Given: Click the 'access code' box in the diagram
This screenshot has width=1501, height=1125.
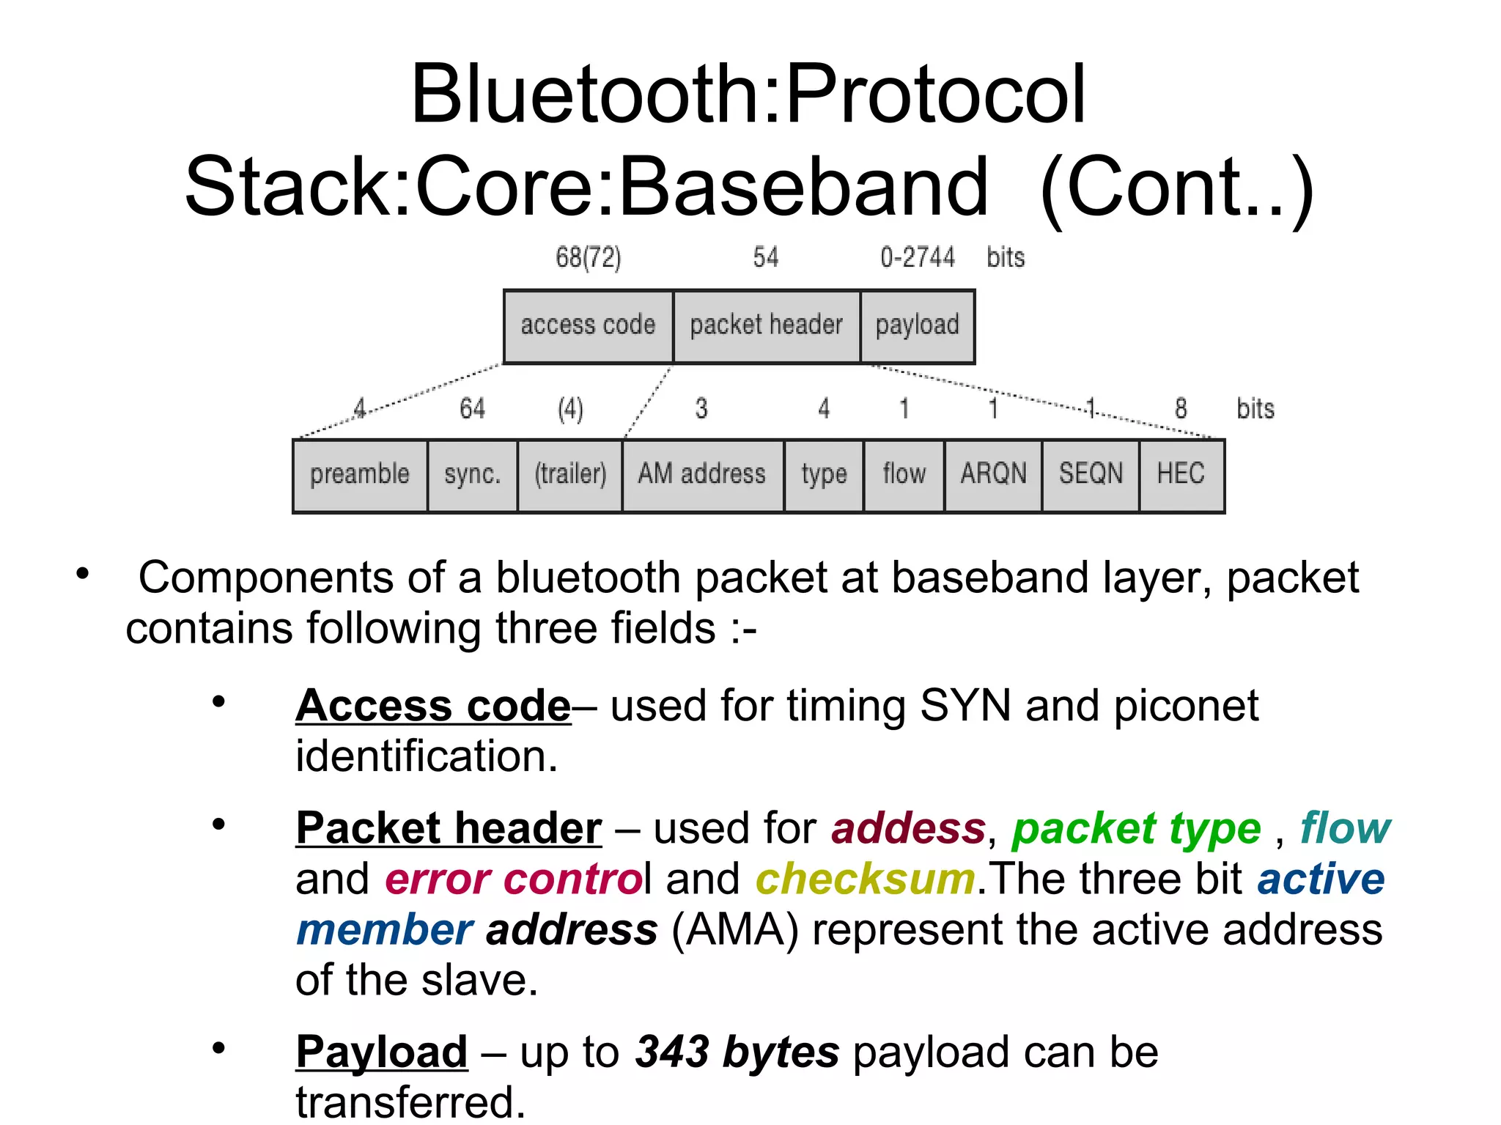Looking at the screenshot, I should (x=589, y=326).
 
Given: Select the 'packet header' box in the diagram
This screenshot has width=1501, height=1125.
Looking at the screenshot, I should (x=767, y=326).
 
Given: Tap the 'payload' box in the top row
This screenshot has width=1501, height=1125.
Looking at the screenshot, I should (x=918, y=326).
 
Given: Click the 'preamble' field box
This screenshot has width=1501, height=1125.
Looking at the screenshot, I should (x=360, y=475).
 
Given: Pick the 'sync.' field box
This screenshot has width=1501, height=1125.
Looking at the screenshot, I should (x=473, y=475).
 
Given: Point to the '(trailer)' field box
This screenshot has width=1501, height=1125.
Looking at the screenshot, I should (x=570, y=475).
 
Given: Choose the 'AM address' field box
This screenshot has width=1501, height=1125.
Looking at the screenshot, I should (x=702, y=475).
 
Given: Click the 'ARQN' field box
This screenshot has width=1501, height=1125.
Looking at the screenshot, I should (x=993, y=475).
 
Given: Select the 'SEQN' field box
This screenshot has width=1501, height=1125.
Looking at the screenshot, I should (x=1091, y=475).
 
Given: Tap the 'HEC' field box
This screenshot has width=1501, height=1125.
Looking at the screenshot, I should (x=1181, y=475).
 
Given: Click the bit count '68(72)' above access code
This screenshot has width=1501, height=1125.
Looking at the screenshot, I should (x=589, y=258).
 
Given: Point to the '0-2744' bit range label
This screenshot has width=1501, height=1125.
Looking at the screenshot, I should (x=918, y=258).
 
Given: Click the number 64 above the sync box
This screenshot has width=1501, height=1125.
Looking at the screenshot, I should (x=473, y=409).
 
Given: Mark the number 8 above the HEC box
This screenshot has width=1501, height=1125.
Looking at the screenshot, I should (x=1181, y=409).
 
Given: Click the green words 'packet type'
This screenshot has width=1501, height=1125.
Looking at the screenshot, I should (x=1136, y=830).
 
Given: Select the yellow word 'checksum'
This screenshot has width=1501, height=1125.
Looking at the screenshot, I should (x=865, y=879).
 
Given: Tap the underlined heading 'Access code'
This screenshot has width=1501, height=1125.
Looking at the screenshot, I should (x=433, y=707).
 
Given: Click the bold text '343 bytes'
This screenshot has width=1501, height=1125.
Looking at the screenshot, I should (x=737, y=1052).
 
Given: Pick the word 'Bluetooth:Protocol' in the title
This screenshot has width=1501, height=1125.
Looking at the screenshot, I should (x=748, y=95).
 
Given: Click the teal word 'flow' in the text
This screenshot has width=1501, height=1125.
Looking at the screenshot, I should (x=1345, y=828).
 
